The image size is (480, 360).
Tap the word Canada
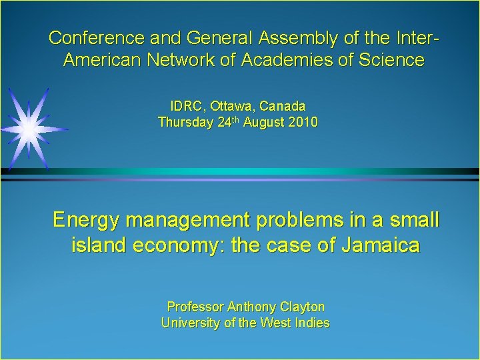point(283,106)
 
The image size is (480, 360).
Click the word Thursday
point(185,123)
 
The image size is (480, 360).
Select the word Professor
point(195,307)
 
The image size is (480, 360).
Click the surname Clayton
point(302,307)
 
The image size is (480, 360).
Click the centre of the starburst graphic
point(29,127)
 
